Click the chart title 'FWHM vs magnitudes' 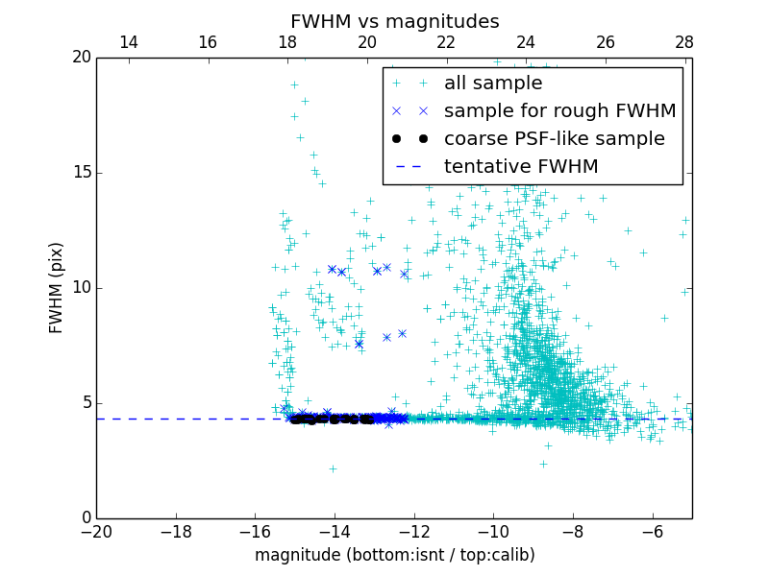pos(394,21)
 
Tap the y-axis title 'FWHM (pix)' pos(57,287)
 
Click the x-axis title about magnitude pos(394,555)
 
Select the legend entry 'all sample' pos(493,84)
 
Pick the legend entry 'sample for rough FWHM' pos(559,111)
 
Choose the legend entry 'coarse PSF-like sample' pos(554,139)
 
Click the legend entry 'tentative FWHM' pos(521,167)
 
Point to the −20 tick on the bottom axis pos(96,530)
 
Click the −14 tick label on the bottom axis pos(334,530)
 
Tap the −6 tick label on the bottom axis pos(652,530)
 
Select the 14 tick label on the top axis pos(128,42)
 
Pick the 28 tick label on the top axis pos(684,42)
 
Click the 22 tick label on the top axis pos(446,42)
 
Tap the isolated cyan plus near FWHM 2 pos(333,468)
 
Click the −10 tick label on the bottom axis pos(492,530)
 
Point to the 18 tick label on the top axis pos(286,42)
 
